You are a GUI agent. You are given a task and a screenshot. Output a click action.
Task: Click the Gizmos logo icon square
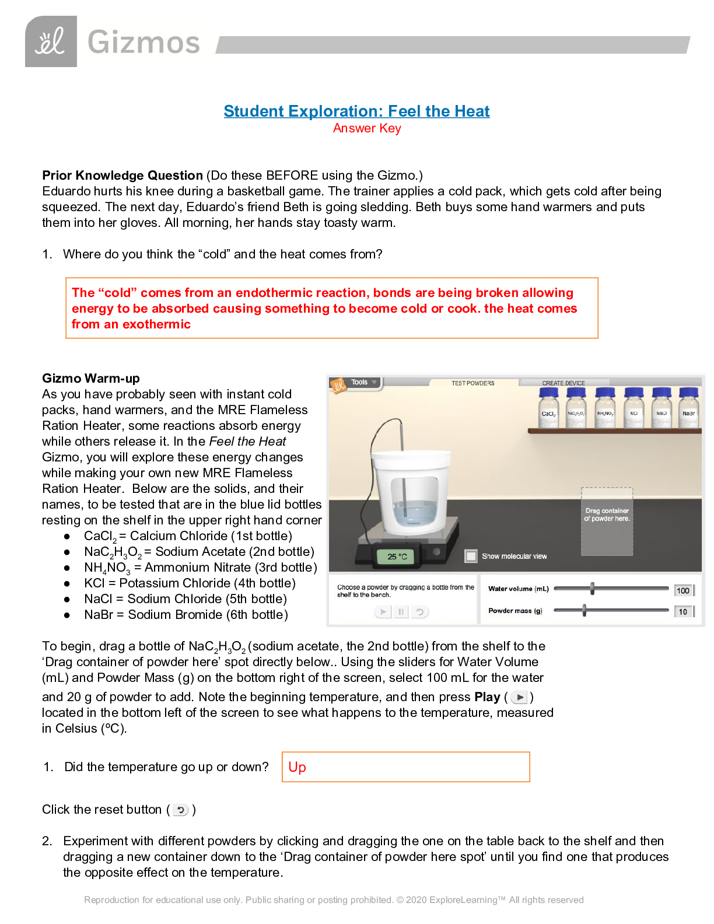click(51, 41)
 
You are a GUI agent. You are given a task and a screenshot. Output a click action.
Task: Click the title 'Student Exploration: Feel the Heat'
click(356, 111)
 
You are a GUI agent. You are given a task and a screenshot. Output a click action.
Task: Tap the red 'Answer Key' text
click(367, 128)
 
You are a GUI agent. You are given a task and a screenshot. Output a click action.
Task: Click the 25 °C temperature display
click(397, 556)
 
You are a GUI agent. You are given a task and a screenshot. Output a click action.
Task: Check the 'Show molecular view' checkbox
click(471, 556)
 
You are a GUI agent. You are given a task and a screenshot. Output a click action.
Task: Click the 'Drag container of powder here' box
click(607, 521)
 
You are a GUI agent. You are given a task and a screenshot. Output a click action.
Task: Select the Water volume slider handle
click(592, 589)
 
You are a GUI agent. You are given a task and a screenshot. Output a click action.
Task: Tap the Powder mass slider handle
click(584, 611)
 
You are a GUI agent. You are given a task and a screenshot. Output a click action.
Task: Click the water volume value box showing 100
click(682, 590)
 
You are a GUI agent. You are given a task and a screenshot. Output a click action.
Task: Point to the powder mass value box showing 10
click(682, 612)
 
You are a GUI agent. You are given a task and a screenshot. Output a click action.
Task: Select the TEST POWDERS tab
click(473, 383)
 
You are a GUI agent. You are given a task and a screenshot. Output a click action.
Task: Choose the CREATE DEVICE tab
click(563, 383)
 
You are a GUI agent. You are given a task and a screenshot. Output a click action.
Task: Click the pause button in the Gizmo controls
click(401, 611)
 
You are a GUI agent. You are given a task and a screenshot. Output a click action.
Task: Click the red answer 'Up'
click(297, 767)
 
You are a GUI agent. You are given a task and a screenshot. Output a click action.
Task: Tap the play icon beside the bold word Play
click(519, 697)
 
